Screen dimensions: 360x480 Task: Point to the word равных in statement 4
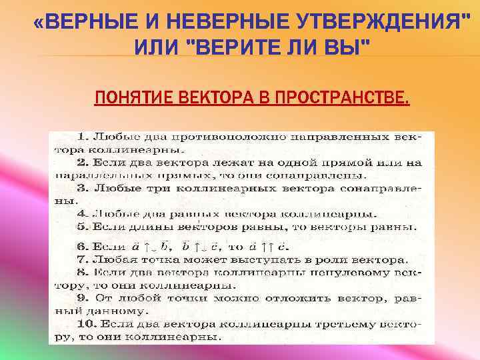point(171,214)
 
